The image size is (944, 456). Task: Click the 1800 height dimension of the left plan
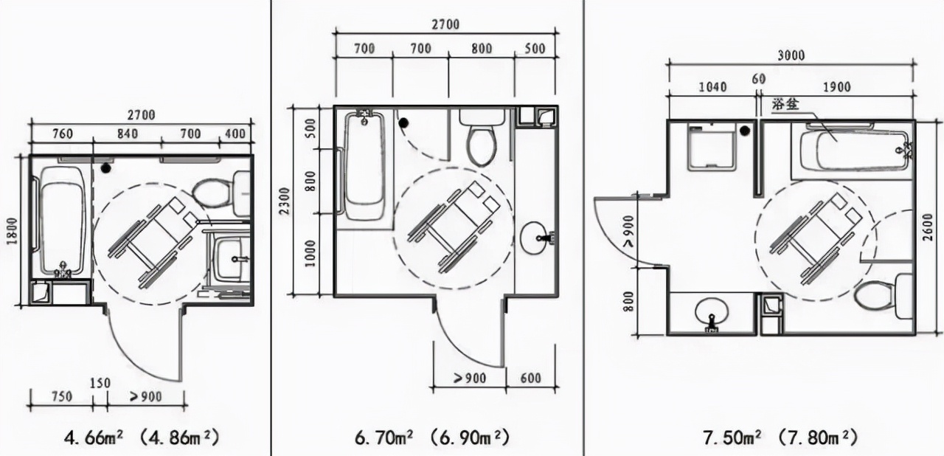(13, 230)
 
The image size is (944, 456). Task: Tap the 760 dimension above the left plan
(63, 134)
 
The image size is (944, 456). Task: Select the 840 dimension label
(128, 134)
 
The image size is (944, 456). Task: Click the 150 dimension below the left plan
(100, 383)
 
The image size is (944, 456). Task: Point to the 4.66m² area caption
(94, 438)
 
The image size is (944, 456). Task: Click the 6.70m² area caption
(384, 438)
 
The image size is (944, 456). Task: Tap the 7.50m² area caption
(732, 438)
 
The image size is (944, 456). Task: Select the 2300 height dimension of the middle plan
(285, 201)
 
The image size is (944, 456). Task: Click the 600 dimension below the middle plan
(530, 378)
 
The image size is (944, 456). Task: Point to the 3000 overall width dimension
(791, 55)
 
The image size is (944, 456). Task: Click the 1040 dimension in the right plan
(712, 87)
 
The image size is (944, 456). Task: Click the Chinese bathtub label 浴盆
(785, 105)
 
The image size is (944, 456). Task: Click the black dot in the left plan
(105, 168)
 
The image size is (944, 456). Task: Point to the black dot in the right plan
(745, 131)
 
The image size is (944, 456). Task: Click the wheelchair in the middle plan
(454, 227)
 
